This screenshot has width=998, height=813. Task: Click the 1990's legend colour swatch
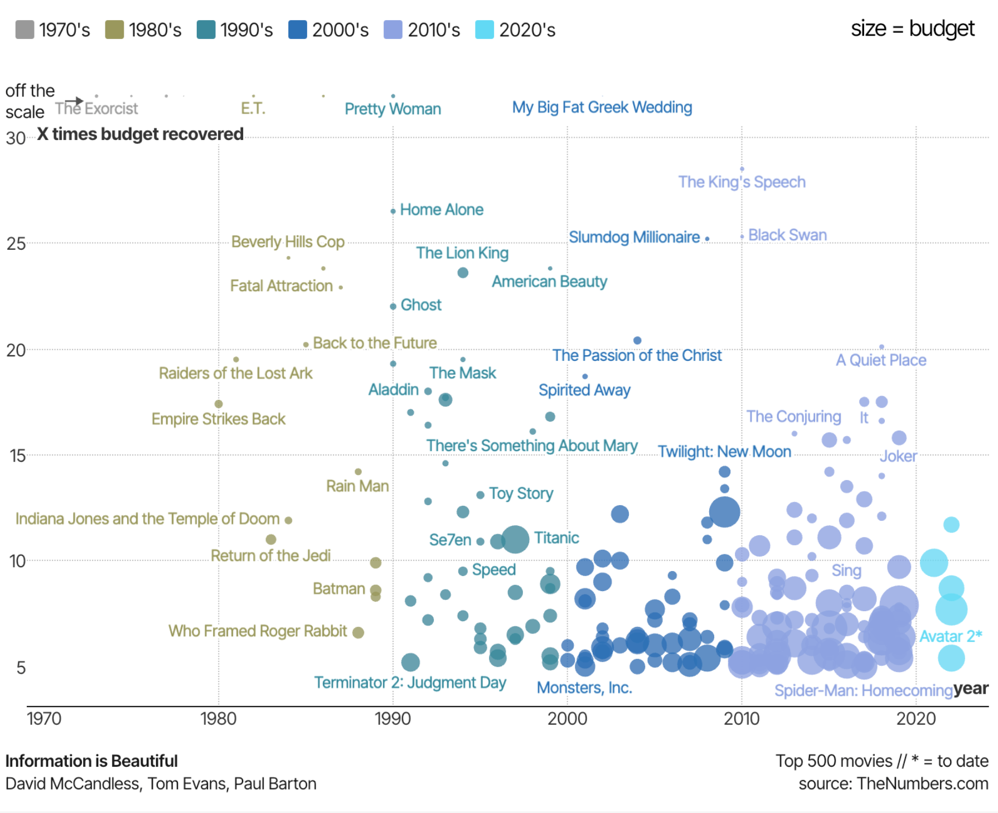[206, 30]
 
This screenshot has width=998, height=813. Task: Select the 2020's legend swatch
[484, 30]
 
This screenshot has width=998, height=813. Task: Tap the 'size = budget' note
[912, 28]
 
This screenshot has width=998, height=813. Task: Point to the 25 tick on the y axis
[16, 244]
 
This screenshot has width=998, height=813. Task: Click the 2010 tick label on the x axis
[741, 718]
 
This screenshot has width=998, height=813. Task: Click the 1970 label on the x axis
[44, 718]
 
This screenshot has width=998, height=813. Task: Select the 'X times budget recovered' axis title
[140, 134]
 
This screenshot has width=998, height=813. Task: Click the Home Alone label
[442, 210]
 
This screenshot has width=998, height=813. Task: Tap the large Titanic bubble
[515, 539]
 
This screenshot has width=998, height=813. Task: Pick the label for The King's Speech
[742, 182]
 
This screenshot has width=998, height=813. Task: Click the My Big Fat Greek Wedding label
[602, 108]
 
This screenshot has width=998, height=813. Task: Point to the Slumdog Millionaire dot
[707, 239]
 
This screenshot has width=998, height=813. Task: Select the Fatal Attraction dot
[341, 288]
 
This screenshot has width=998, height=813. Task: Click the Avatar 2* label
[950, 636]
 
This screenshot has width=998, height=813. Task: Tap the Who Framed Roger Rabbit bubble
[358, 632]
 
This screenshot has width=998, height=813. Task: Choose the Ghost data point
[393, 306]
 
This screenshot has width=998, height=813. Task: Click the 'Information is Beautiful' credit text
[91, 761]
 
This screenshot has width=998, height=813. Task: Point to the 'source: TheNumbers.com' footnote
[893, 783]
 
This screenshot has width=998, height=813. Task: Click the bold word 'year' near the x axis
[970, 689]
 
